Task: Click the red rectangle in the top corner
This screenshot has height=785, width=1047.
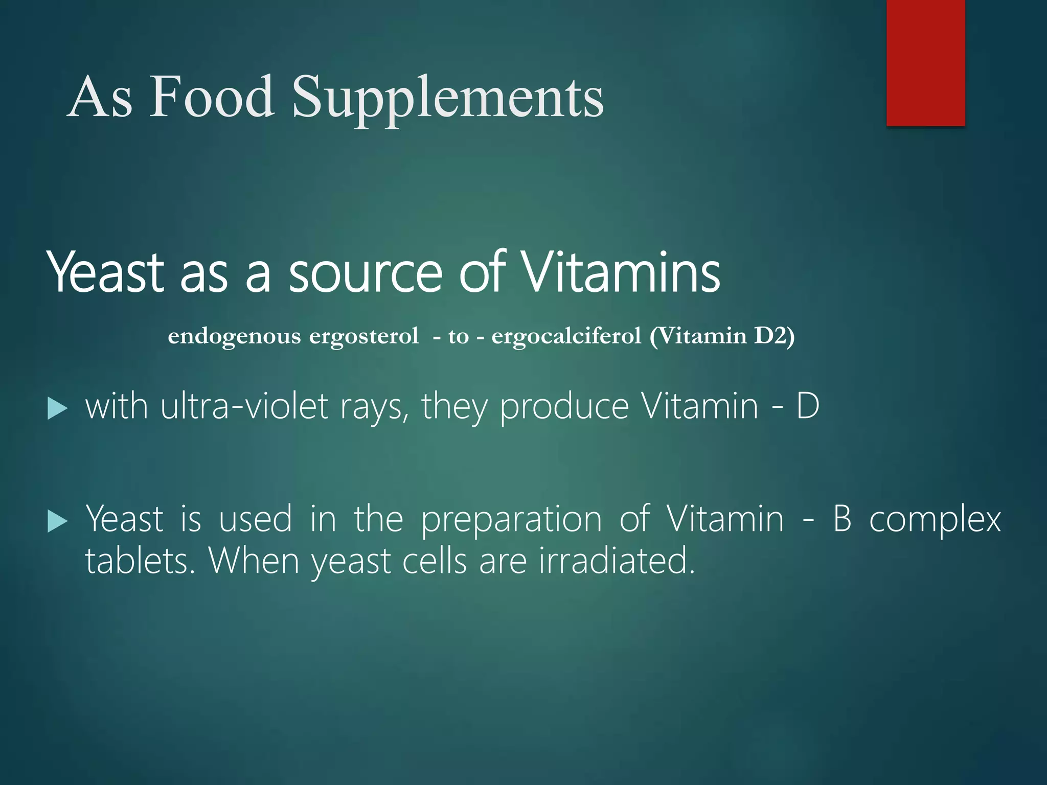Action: click(925, 62)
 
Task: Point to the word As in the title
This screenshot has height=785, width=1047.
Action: click(100, 97)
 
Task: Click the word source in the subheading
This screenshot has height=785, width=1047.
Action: click(365, 273)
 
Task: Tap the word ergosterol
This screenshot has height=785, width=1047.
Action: click(364, 336)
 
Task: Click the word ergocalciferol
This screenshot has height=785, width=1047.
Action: click(566, 337)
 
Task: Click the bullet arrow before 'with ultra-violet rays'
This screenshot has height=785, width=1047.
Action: click(57, 409)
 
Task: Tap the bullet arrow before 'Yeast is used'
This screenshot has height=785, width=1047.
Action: click(57, 522)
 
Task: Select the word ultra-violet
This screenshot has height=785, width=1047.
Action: click(244, 407)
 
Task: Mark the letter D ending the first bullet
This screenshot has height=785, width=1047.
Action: click(808, 407)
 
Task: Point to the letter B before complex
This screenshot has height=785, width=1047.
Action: click(842, 519)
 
